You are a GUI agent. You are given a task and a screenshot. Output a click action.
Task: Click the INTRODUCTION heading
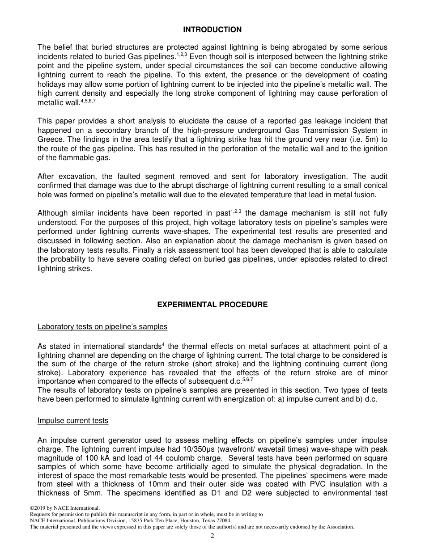212,30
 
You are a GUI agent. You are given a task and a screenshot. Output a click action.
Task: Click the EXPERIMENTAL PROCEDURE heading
212,305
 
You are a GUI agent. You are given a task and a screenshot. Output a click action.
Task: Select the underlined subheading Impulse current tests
73,421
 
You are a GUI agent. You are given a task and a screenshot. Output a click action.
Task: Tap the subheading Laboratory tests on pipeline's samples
102,327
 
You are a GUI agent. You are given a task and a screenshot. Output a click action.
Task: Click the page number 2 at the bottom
212,536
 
